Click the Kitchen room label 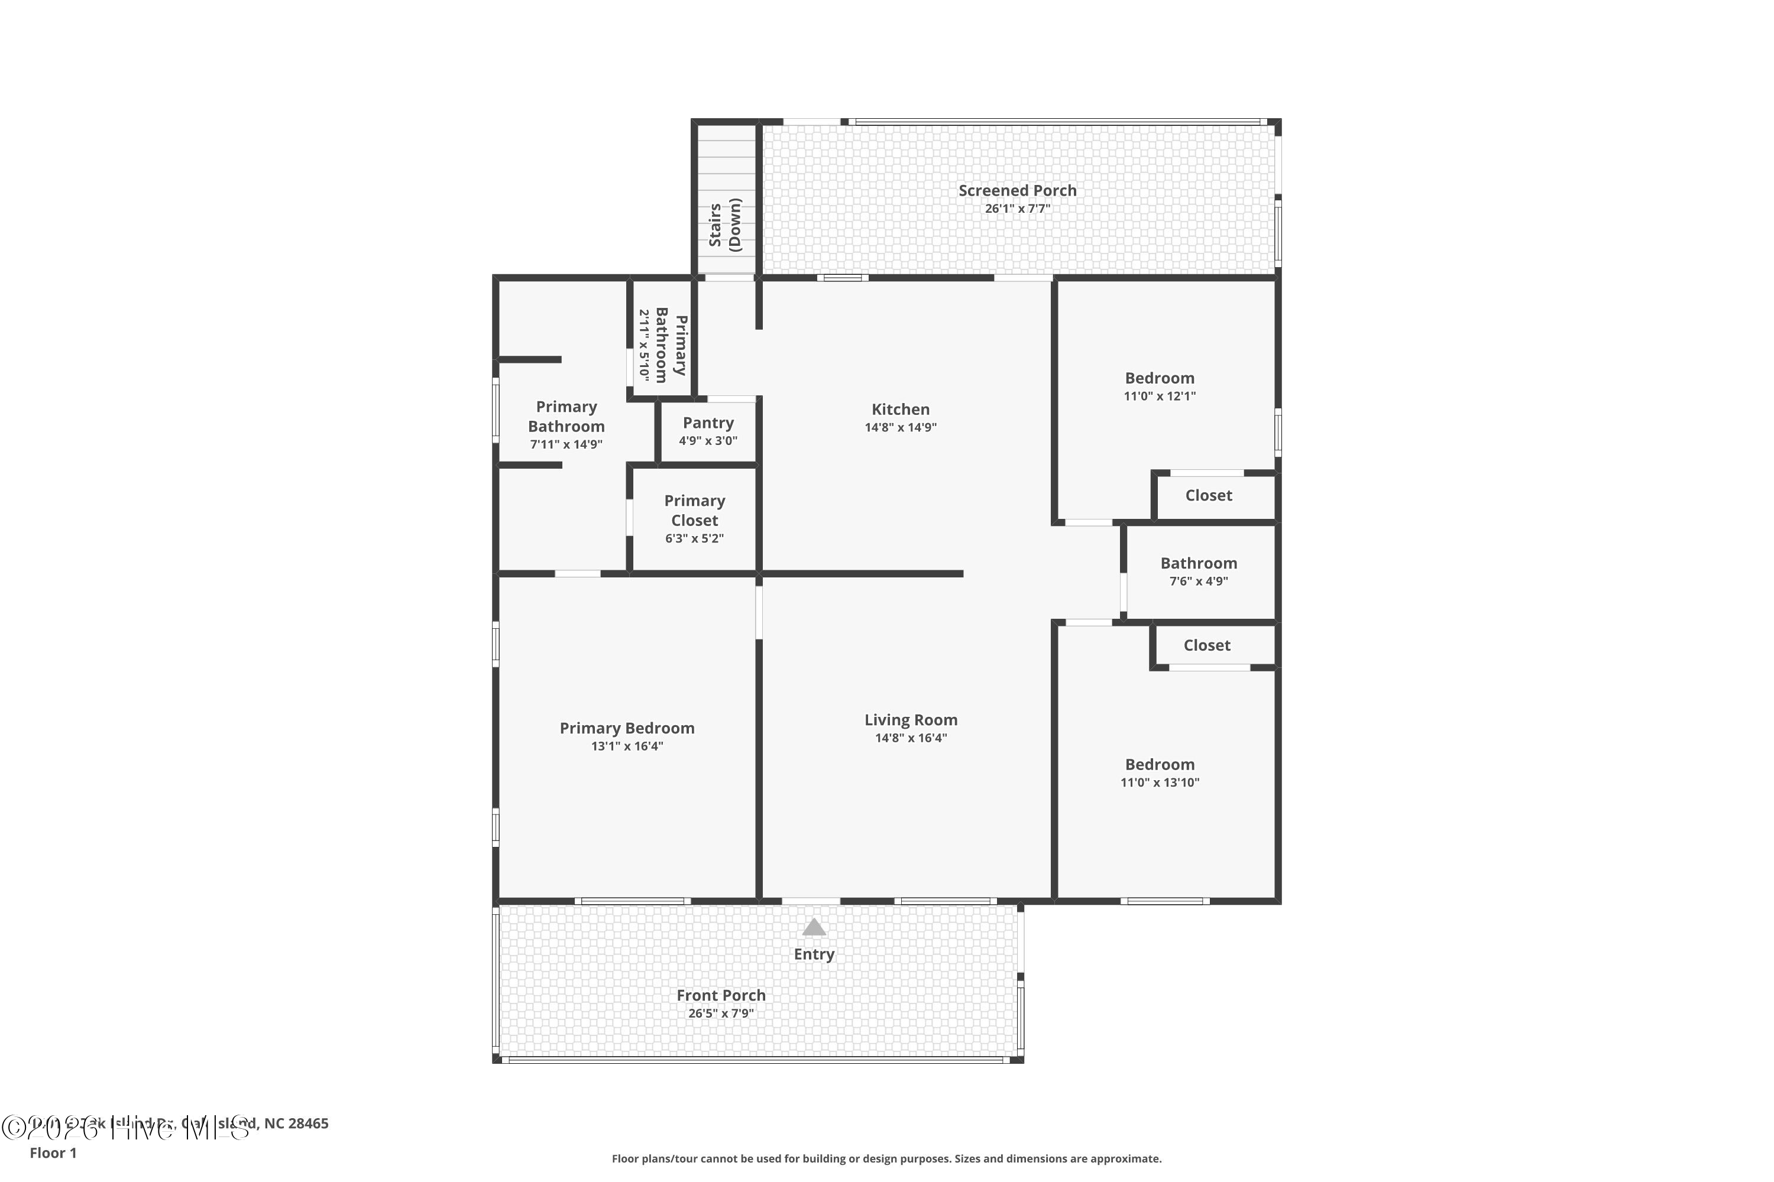pyautogui.click(x=900, y=410)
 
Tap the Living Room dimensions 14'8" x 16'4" pyautogui.click(x=911, y=738)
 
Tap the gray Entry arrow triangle pyautogui.click(x=813, y=927)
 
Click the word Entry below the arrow pyautogui.click(x=813, y=954)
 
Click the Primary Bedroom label pyautogui.click(x=627, y=728)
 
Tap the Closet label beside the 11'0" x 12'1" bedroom pyautogui.click(x=1208, y=495)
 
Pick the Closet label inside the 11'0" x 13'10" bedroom pyautogui.click(x=1207, y=645)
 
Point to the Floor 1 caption pyautogui.click(x=53, y=1152)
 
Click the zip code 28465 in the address pyautogui.click(x=307, y=1123)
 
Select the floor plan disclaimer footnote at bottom pyautogui.click(x=886, y=1158)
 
